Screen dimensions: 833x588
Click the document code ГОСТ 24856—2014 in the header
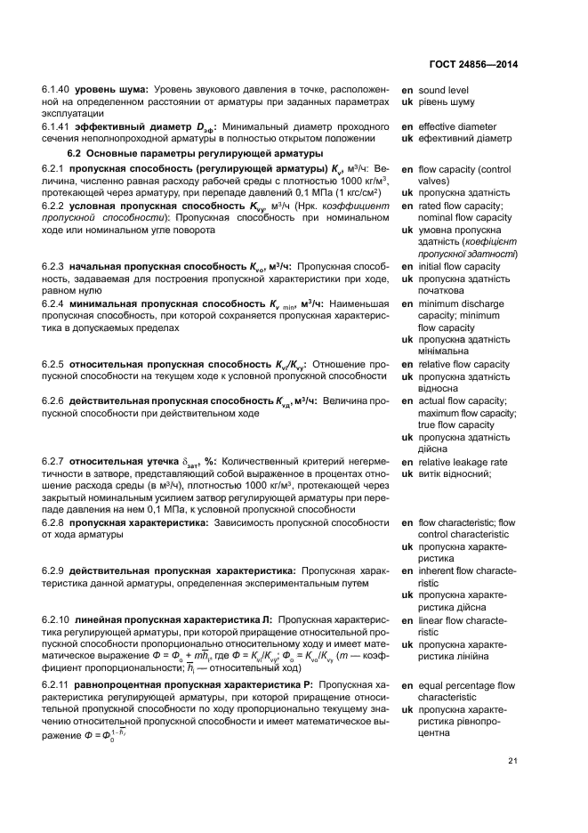coord(473,64)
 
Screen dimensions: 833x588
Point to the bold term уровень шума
coord(111,90)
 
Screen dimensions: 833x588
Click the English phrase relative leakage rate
coord(463,463)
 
